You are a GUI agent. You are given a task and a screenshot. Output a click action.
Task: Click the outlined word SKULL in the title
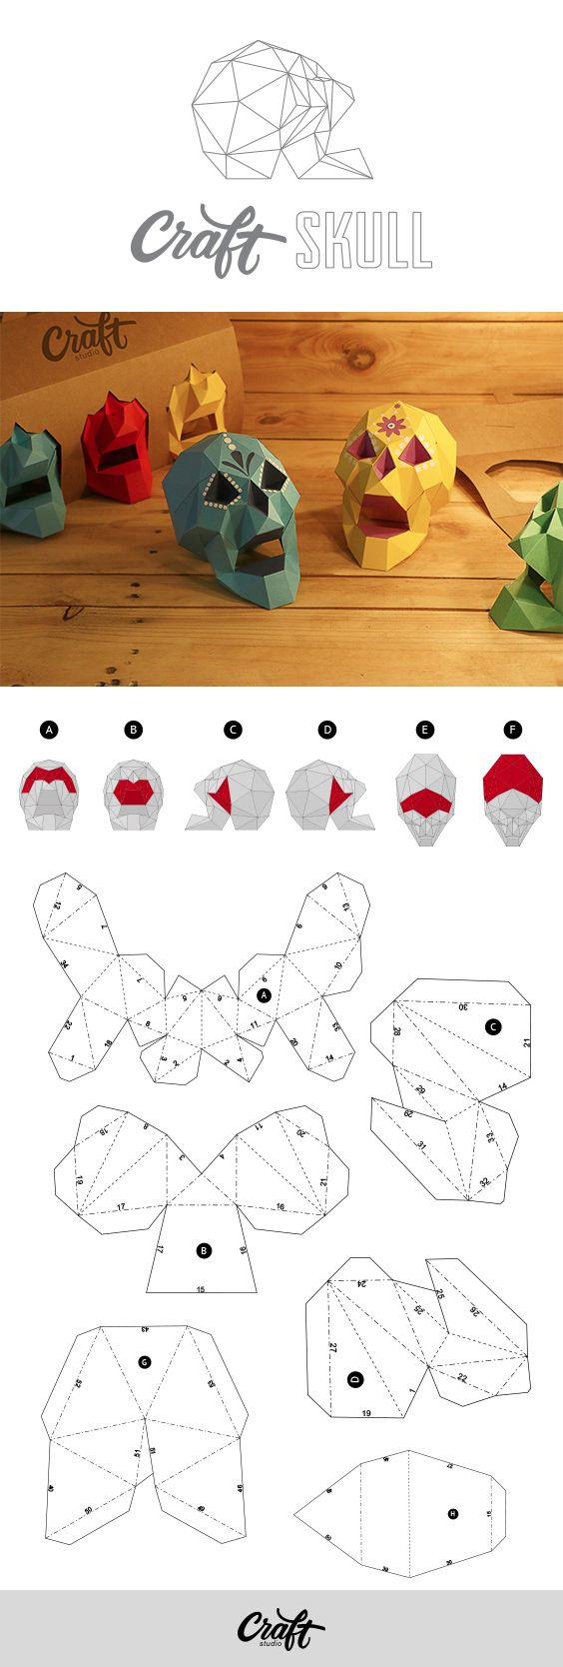363,240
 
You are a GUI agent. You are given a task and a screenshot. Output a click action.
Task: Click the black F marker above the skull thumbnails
513,731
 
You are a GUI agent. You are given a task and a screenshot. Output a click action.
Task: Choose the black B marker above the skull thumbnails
134,731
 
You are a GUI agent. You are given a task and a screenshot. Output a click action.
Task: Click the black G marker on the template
144,1362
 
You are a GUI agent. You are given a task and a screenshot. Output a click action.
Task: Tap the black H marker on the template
452,1514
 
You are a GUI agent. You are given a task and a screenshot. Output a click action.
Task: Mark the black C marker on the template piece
493,1026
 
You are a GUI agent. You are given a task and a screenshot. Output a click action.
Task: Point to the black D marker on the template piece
354,1379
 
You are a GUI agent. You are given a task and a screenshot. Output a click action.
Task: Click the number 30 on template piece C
463,1006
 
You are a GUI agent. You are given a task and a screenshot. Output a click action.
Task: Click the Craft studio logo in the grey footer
281,1631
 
